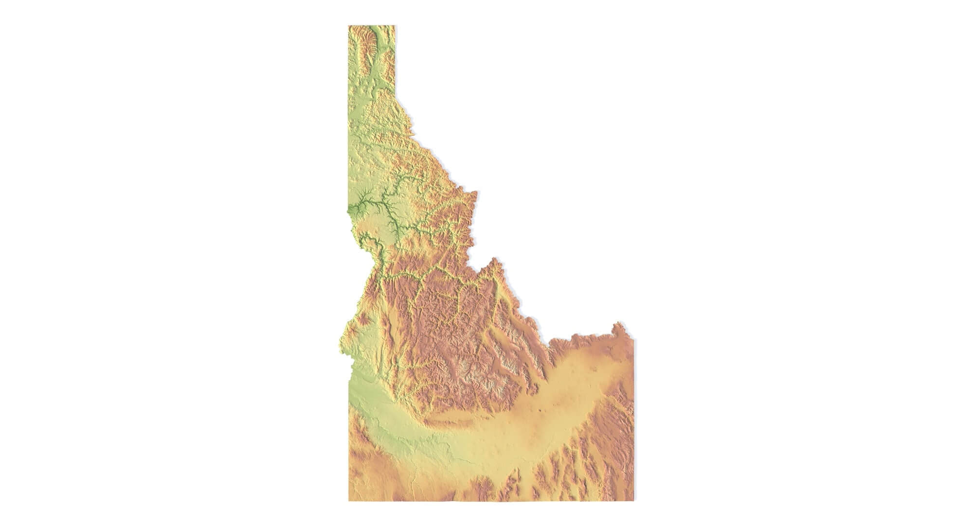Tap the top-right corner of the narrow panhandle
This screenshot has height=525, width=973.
tap(395, 26)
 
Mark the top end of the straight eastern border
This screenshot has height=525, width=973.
tap(633, 339)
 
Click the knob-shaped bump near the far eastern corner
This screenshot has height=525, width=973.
tap(618, 325)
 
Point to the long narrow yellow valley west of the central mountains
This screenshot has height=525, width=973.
tap(389, 335)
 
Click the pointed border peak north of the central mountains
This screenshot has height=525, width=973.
tap(495, 260)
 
